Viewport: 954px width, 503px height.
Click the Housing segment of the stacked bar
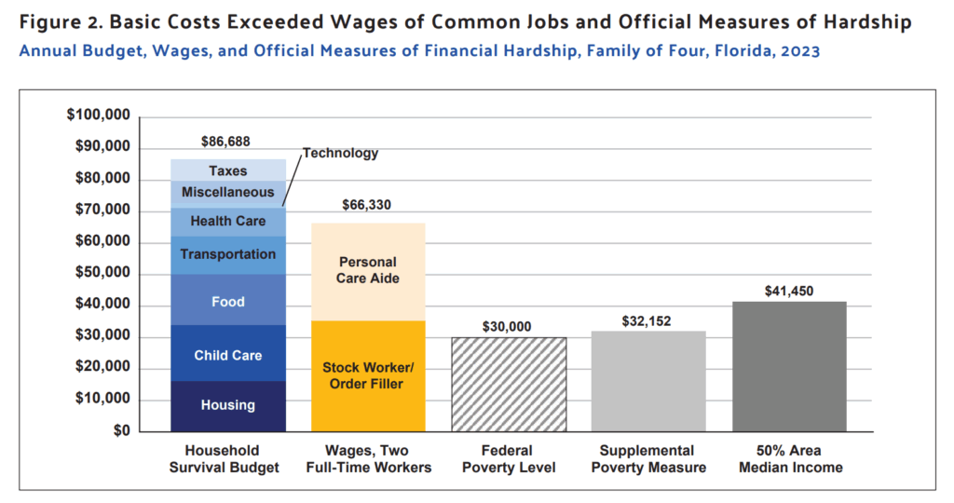228,406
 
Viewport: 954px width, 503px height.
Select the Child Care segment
228,355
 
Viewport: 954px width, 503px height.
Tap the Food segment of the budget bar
228,301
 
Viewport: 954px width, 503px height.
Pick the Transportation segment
228,254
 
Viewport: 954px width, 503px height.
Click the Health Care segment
228,222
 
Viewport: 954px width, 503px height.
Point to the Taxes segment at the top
228,170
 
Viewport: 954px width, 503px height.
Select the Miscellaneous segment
228,192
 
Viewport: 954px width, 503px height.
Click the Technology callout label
340,154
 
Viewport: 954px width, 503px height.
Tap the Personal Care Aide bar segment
368,270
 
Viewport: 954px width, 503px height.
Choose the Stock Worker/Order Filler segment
368,374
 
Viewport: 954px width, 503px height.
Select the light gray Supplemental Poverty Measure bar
648,380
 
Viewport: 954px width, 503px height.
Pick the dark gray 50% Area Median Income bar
789,366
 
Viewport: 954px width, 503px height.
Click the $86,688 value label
226,143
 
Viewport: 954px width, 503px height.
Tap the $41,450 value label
789,291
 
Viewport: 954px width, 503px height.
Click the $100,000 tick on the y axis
98,116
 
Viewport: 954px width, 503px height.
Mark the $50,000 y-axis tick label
102,274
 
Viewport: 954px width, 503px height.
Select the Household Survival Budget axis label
225,458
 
